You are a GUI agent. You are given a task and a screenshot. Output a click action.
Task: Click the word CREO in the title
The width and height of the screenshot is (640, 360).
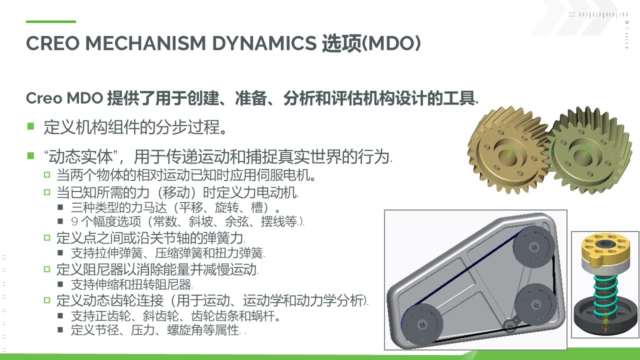click(x=52, y=43)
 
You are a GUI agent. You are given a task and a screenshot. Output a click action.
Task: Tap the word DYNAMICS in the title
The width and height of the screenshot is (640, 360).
click(x=264, y=43)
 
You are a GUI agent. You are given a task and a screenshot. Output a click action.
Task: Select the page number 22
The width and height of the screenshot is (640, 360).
click(x=571, y=14)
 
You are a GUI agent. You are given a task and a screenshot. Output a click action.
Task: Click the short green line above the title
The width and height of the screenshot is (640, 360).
click(x=51, y=21)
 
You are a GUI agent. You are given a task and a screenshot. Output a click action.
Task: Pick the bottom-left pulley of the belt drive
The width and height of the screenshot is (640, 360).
click(x=421, y=323)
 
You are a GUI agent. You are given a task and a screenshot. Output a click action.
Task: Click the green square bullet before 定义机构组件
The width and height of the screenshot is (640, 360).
click(x=30, y=126)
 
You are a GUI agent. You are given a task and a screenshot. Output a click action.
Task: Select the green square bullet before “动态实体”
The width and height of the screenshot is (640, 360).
click(x=30, y=155)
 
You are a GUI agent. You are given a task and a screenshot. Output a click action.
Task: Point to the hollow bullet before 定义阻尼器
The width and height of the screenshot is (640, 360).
click(x=47, y=269)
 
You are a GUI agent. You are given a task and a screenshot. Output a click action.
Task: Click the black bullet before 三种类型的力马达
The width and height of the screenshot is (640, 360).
click(x=60, y=207)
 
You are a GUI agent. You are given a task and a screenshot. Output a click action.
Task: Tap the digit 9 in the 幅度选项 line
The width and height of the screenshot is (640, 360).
click(x=74, y=221)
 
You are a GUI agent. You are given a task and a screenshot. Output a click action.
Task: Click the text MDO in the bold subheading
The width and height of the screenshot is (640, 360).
click(x=84, y=98)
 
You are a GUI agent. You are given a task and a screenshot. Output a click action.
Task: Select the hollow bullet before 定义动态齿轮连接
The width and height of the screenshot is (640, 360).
click(x=47, y=300)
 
